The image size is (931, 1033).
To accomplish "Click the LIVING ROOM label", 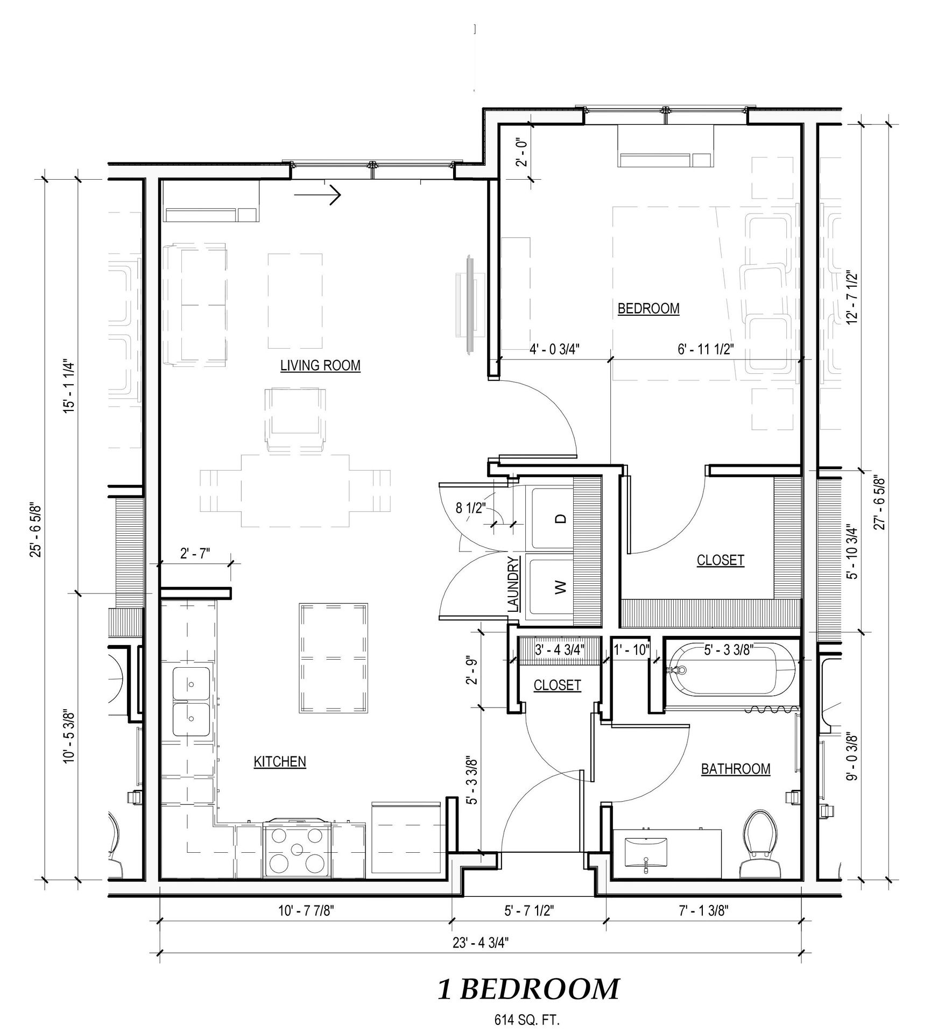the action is coord(320,366).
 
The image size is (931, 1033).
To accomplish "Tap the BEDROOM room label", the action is coord(648,309).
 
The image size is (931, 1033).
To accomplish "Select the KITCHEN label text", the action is coord(280,761).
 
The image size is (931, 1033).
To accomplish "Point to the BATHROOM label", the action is coord(736,769).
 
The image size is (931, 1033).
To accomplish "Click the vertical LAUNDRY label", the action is coord(514,584).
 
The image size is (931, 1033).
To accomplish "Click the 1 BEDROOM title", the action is coord(528,989).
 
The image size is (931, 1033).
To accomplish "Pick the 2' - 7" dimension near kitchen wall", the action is coord(195,554).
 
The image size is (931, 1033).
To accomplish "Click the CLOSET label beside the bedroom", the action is coord(720,560).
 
